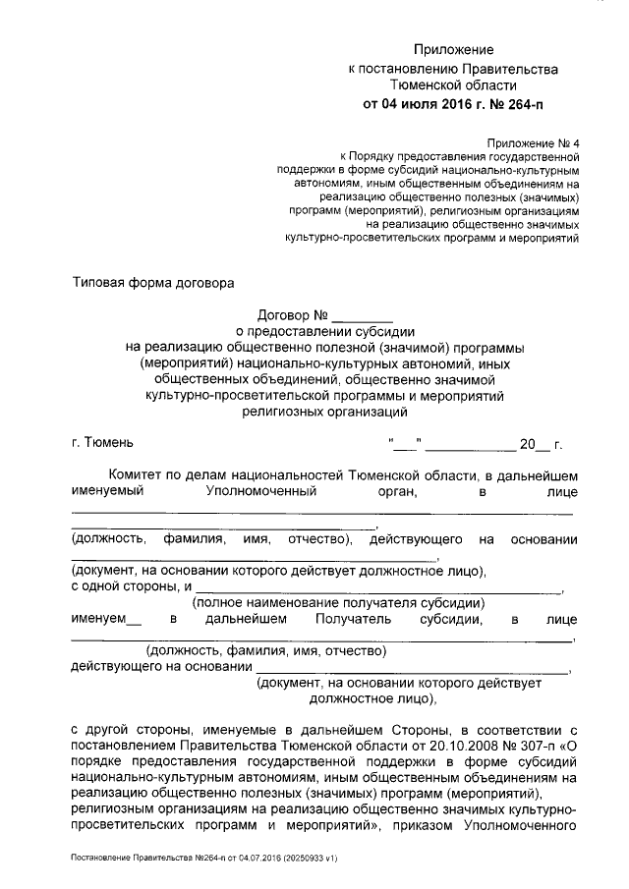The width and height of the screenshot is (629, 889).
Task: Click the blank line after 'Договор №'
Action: tap(363, 316)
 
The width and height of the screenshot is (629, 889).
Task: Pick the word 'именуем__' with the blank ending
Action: tap(106, 619)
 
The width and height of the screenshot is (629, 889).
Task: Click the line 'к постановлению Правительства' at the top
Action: tap(453, 69)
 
